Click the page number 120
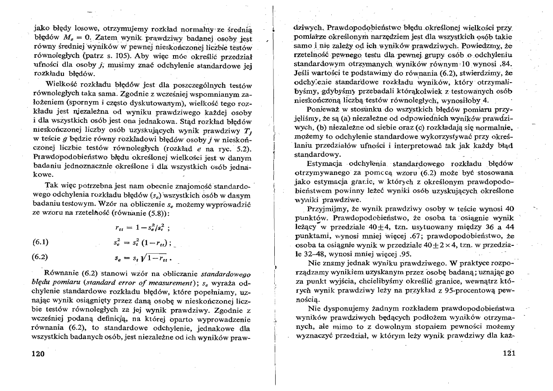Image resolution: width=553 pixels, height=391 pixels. [41, 354]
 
